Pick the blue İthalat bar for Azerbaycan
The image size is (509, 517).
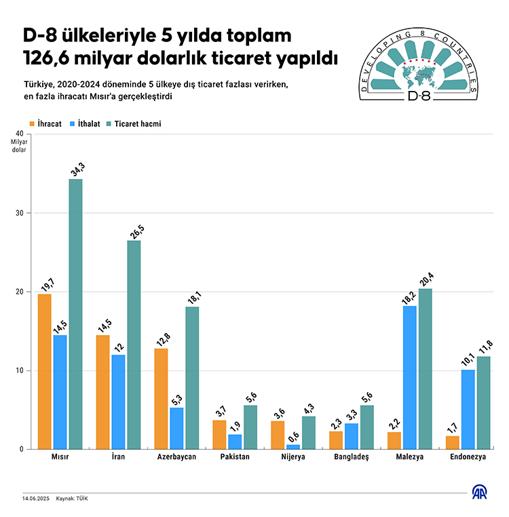point(176,428)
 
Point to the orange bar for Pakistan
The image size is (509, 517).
point(219,434)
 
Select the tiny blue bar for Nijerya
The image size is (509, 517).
point(293,446)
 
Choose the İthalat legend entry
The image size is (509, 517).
point(86,124)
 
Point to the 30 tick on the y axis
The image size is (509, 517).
point(19,213)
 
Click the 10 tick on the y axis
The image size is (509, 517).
point(19,370)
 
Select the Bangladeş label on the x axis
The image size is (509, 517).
point(352,457)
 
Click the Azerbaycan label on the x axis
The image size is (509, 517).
point(176,457)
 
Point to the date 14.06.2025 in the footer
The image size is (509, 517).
point(35,499)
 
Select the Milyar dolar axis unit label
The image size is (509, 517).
point(18,145)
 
